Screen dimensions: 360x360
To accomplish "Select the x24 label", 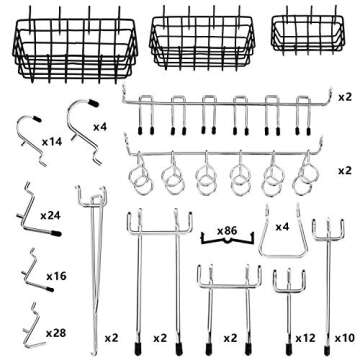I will [x=50, y=214].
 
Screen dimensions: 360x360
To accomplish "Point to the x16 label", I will [x=56, y=273].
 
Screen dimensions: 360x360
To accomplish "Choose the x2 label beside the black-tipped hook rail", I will [x=344, y=97].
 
